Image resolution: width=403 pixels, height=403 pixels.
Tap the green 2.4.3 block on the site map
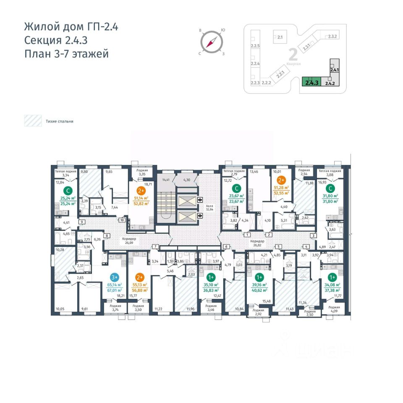tap(311, 81)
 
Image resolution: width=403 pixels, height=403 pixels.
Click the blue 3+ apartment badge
tap(114, 277)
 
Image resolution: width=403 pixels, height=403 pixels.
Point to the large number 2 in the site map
tap(293, 55)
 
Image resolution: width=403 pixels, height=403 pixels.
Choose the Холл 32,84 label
tap(209, 209)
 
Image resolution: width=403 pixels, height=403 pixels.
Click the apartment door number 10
tap(122, 220)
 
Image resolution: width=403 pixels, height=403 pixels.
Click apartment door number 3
tap(313, 236)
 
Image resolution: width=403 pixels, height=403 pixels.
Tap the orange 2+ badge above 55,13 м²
tap(140, 277)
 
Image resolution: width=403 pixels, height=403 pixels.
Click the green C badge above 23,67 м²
tap(237, 188)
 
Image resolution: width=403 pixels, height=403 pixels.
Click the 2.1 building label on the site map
tap(280, 37)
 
